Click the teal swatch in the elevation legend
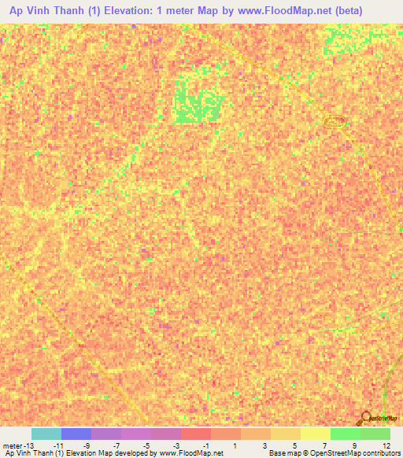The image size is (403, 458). click(x=46, y=434)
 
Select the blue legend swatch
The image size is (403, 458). click(x=76, y=434)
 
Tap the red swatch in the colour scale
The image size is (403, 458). click(x=196, y=434)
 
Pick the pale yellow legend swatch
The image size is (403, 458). click(x=315, y=434)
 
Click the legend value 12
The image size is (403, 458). click(x=385, y=445)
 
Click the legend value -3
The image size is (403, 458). click(x=177, y=445)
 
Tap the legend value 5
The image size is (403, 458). click(x=297, y=445)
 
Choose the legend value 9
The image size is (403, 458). click(x=355, y=445)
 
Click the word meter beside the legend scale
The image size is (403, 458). click(x=12, y=445)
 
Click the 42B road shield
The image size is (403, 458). click(x=335, y=120)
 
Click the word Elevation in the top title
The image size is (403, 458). click(x=126, y=11)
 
